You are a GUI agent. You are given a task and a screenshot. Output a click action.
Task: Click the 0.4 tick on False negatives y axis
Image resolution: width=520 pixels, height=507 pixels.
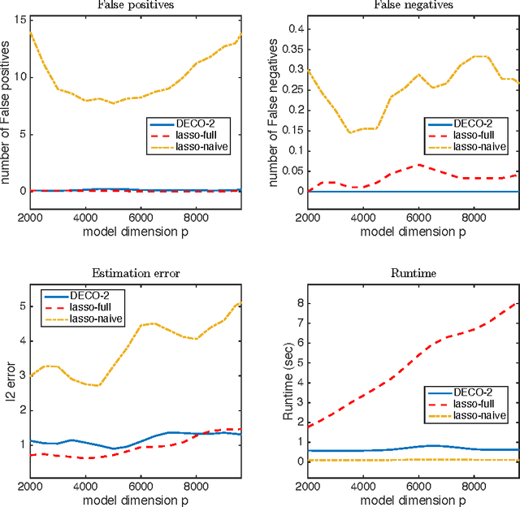[295, 28]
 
